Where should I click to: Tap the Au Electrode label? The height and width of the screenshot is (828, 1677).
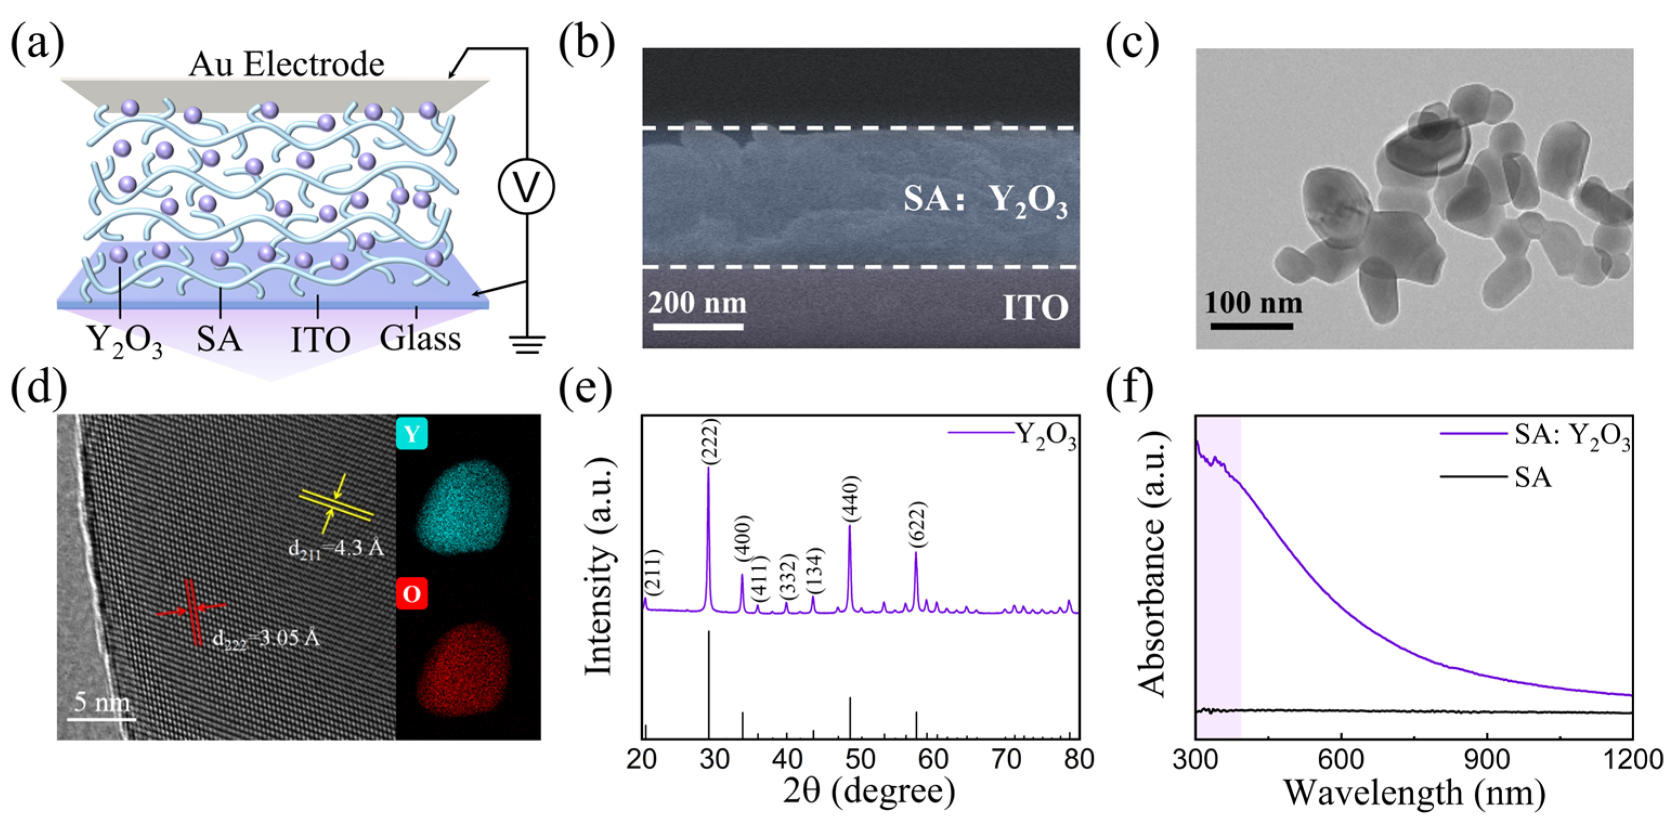286,64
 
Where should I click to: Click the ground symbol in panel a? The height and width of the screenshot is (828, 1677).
527,344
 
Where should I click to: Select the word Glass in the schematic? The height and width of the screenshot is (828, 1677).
420,338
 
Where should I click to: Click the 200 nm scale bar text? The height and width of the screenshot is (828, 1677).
697,303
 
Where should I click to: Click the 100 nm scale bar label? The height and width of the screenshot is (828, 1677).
1253,303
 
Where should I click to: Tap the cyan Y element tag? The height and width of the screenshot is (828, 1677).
412,434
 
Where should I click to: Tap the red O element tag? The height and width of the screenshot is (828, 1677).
412,594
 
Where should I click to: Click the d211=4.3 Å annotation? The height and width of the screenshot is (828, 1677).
336,549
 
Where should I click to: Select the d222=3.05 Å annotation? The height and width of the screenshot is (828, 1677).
266,638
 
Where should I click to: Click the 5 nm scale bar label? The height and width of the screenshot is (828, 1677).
102,702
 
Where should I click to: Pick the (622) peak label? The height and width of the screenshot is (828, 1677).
917,525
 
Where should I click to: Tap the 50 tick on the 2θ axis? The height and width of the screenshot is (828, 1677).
860,759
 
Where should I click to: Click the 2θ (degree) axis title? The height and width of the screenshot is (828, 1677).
869,791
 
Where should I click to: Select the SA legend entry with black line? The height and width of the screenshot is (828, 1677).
1532,478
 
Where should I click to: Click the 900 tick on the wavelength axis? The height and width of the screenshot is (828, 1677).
1487,759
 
